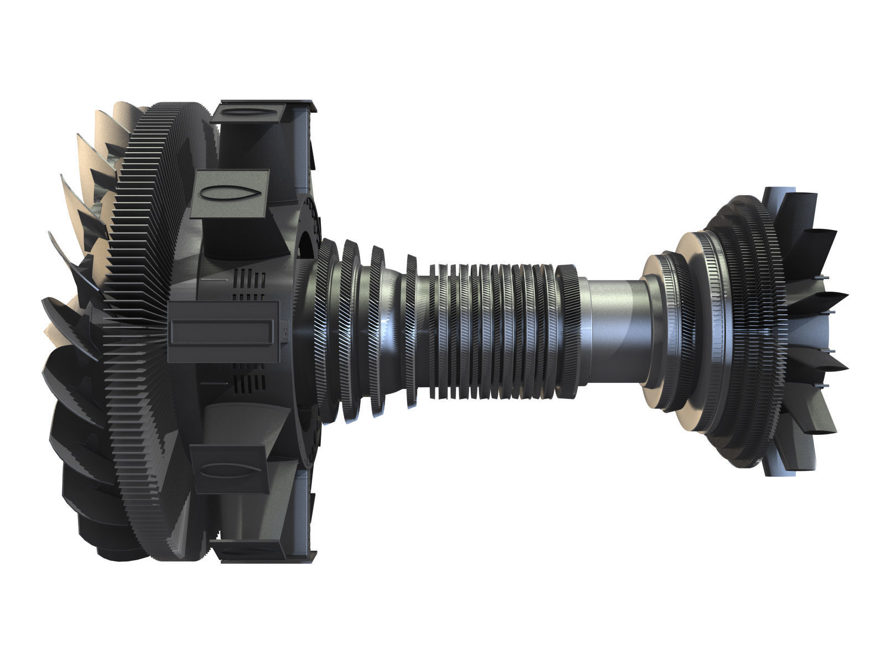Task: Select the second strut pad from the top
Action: [x=231, y=194]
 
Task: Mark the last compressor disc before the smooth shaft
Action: [x=567, y=331]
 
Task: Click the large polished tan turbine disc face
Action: [x=689, y=331]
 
